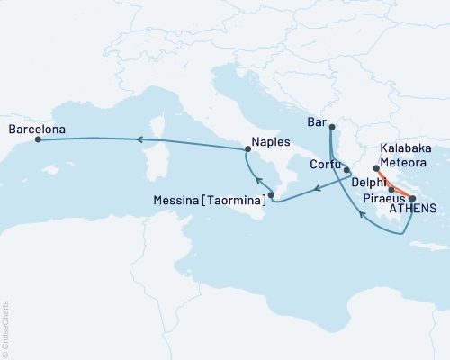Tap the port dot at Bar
coord(331,128)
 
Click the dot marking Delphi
coord(391,190)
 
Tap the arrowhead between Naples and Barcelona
coord(139,139)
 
